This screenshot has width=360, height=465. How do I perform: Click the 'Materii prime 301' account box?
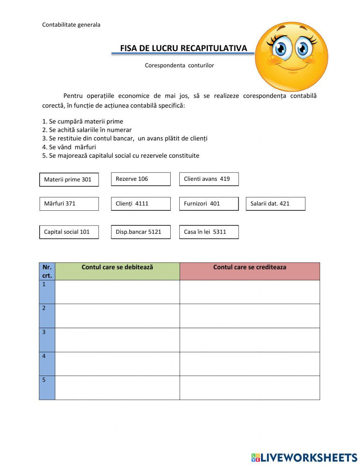(69, 179)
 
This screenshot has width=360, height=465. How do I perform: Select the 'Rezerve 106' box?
(140, 179)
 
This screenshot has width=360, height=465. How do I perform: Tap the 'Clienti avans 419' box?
(209, 179)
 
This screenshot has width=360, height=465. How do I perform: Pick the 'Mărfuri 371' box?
(69, 204)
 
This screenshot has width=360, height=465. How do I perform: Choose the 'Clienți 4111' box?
(140, 204)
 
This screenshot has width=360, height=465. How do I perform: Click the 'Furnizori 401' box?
(209, 204)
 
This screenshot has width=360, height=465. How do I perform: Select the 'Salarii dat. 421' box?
(275, 204)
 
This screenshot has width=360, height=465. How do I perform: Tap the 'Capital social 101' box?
(69, 232)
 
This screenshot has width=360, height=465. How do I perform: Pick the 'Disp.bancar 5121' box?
(140, 232)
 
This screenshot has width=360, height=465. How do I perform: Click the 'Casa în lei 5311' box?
(209, 232)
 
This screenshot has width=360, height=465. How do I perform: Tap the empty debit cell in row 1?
(117, 292)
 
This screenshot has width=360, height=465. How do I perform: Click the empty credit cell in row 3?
(249, 340)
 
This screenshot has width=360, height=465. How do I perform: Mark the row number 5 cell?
(47, 388)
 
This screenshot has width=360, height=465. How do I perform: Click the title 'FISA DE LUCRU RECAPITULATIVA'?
(184, 48)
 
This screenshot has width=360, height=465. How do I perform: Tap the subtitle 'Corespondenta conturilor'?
(179, 65)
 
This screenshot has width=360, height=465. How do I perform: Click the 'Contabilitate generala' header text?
(71, 25)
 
